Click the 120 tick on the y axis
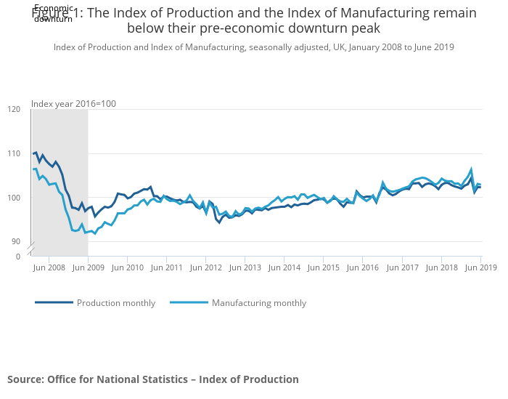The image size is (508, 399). point(15,109)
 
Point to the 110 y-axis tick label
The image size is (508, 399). point(15,153)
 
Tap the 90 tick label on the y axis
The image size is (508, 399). point(16,241)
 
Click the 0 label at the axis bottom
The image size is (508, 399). point(18,257)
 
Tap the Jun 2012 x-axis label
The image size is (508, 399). point(205,268)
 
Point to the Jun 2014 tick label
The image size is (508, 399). point(284,268)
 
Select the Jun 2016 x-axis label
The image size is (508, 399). point(362,268)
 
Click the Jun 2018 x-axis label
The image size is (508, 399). point(441,268)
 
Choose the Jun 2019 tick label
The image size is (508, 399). point(479,268)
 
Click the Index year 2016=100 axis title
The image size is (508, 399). point(73,103)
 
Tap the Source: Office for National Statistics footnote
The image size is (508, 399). point(153,379)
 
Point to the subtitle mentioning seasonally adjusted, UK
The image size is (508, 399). point(254,47)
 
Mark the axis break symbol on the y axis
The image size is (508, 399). point(31,249)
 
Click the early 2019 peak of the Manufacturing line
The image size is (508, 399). point(471,169)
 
